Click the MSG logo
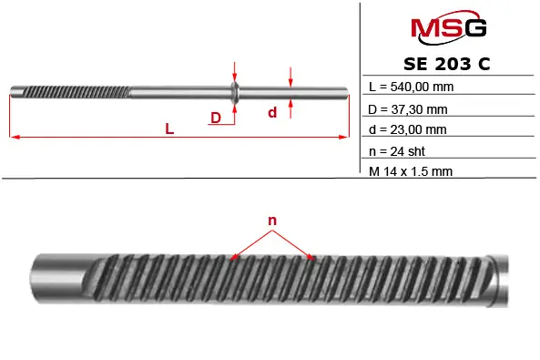click(x=448, y=27)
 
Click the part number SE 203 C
click(x=447, y=64)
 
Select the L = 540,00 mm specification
click(x=411, y=87)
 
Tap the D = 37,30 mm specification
click(x=408, y=109)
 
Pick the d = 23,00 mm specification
click(x=407, y=129)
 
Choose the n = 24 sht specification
click(x=397, y=151)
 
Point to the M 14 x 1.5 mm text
click(x=411, y=171)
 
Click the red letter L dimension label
click(x=169, y=129)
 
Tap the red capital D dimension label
click(x=216, y=118)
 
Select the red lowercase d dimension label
click(x=272, y=112)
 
